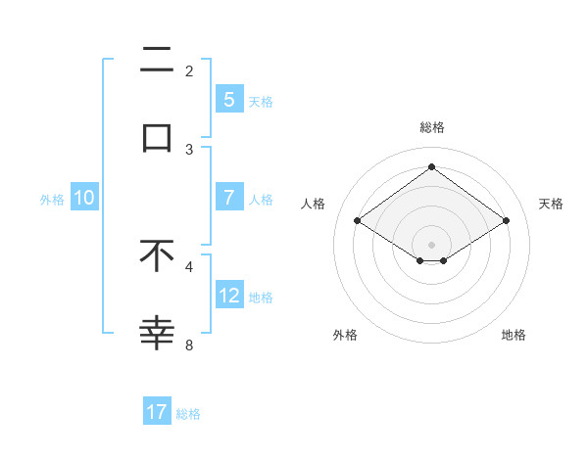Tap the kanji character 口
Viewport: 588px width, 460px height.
[x=157, y=138]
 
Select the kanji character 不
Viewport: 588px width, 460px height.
[x=157, y=256]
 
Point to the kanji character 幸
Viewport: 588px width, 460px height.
[x=157, y=334]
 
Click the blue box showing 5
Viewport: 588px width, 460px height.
[x=228, y=100]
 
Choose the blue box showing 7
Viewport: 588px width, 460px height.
[x=228, y=198]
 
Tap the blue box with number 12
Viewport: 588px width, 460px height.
[x=228, y=296]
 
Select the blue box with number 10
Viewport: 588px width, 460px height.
[x=84, y=198]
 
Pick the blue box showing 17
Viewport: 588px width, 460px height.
[x=157, y=413]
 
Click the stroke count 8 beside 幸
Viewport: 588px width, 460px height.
[x=189, y=345]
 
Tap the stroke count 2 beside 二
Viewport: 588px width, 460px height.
[x=189, y=70]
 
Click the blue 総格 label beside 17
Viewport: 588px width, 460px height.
[x=188, y=414]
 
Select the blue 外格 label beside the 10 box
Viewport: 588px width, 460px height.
[x=52, y=199]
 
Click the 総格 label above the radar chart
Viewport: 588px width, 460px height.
[x=431, y=127]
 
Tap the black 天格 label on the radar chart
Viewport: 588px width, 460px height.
[x=551, y=204]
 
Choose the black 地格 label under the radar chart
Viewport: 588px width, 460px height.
[x=514, y=335]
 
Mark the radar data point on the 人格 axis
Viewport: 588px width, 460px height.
[x=358, y=221]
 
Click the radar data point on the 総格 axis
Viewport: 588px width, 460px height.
[x=431, y=166]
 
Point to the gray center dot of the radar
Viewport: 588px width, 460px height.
[x=431, y=244]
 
